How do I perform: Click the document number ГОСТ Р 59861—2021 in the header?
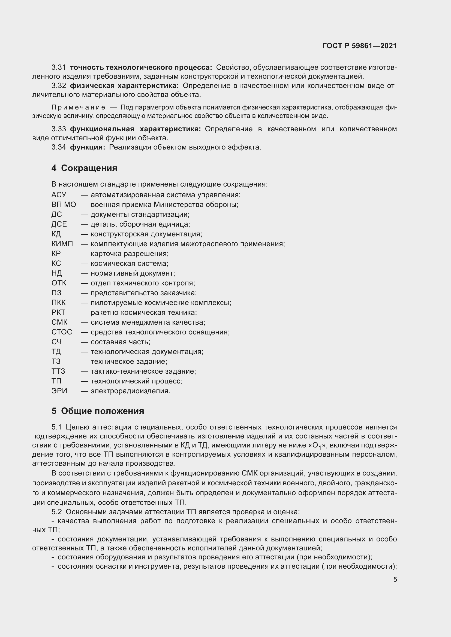coord(359,46)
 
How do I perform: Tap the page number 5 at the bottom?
coord(395,579)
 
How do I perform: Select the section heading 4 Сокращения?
coord(84,168)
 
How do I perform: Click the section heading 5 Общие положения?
coord(98,411)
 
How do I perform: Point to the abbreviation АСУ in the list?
coord(59,195)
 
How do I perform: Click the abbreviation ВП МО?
coord(64,205)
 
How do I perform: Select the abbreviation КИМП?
coord(62,244)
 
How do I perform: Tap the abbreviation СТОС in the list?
coord(62,332)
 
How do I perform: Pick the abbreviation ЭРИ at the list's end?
coord(59,391)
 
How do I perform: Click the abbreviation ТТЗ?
coord(58,371)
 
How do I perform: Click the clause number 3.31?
coord(59,68)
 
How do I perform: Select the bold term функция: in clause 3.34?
coord(88,147)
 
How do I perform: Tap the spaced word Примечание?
coord(78,108)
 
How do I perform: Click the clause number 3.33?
coord(59,129)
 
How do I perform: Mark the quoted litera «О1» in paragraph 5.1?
coord(318,446)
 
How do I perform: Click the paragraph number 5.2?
coord(56,512)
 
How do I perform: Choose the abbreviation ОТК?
coord(59,283)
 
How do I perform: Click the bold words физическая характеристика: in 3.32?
coord(124,86)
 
